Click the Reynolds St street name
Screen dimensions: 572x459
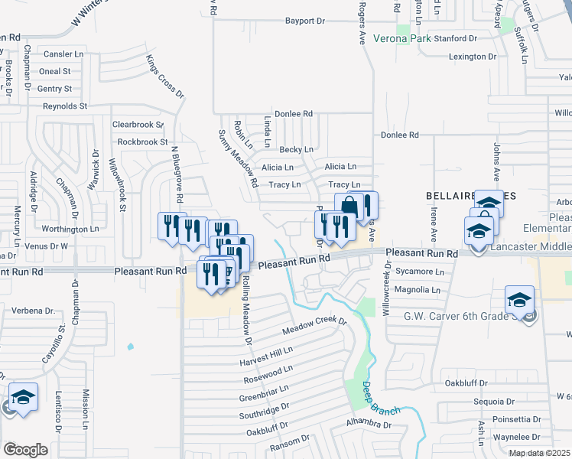(x=65, y=106)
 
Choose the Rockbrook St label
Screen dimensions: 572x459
(x=142, y=142)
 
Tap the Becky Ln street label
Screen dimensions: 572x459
(x=296, y=149)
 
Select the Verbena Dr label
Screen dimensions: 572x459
(x=34, y=311)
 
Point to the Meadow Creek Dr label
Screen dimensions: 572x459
(x=314, y=327)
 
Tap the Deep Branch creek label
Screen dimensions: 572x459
(x=382, y=399)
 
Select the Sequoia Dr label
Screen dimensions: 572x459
(x=494, y=402)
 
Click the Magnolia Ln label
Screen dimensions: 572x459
(x=424, y=290)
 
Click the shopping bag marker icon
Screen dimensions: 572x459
(x=349, y=205)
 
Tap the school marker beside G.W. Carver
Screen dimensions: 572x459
(x=519, y=299)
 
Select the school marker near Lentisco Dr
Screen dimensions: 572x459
(x=24, y=396)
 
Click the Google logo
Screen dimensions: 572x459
(x=25, y=450)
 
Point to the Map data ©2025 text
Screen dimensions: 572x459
(x=539, y=453)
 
